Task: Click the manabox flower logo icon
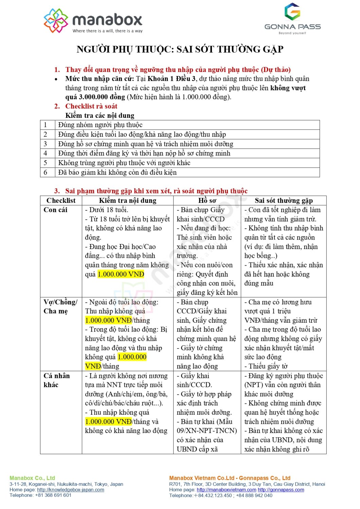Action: click(x=56, y=20)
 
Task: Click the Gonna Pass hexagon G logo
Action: click(x=292, y=12)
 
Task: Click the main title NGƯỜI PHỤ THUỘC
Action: click(x=180, y=50)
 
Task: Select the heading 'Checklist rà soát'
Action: click(x=91, y=106)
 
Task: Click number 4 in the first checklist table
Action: click(x=45, y=153)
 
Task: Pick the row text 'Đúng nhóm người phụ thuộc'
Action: click(x=100, y=125)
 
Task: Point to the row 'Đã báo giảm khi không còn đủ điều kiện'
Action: click(x=117, y=172)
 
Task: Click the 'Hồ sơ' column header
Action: click(x=207, y=201)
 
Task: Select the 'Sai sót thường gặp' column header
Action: click(x=284, y=201)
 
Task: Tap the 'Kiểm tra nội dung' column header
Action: click(x=128, y=201)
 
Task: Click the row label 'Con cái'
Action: click(x=55, y=210)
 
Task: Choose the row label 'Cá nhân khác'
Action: click(x=56, y=380)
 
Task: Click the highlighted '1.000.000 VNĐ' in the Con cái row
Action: click(x=121, y=274)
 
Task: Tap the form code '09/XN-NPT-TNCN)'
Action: click(x=206, y=431)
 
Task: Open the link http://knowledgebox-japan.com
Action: click(x=71, y=490)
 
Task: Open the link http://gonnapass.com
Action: click(x=281, y=490)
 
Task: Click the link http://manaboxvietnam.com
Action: click(x=227, y=490)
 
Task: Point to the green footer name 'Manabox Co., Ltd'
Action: click(x=32, y=478)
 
